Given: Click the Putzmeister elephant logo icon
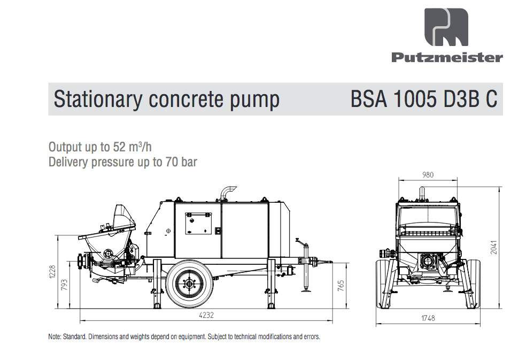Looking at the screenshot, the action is (446, 27).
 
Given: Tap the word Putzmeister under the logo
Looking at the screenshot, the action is (447, 57).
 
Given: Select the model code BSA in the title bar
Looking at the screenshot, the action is (369, 99).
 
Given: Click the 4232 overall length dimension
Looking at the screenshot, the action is (206, 315).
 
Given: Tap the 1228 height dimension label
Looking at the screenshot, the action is (52, 272).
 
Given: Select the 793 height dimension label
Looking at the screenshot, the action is (64, 285).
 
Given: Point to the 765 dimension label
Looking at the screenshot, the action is (341, 286).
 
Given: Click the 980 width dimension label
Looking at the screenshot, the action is (428, 174).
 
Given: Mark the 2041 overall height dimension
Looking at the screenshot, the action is (493, 247).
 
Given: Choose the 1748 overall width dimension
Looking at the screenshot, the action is (428, 318).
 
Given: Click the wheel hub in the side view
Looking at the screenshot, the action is (189, 284).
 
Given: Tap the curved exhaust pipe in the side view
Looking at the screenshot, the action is (227, 193).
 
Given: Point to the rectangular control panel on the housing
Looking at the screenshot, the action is (198, 223).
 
